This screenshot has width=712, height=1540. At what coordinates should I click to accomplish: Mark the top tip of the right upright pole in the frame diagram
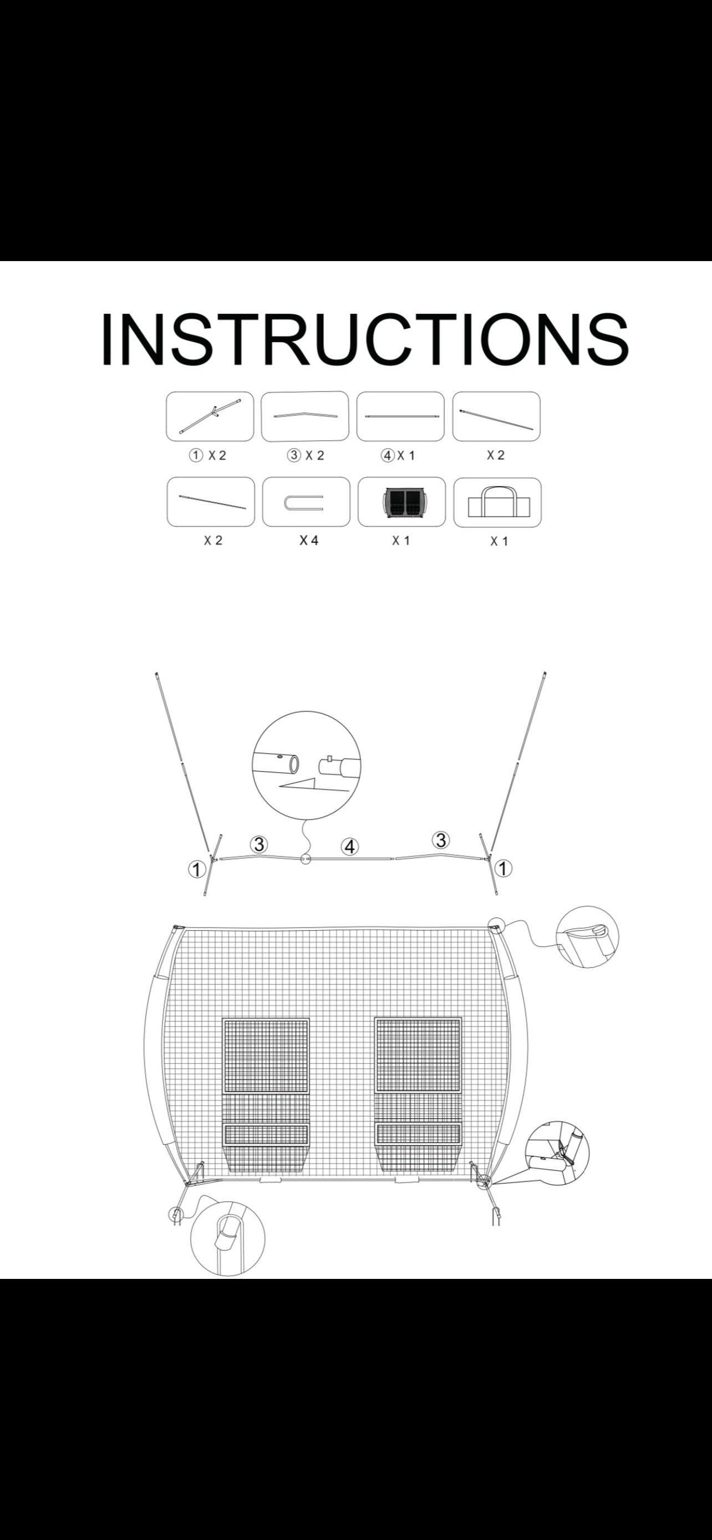tap(545, 674)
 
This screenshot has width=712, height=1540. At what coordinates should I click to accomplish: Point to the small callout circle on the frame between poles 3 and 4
tap(306, 859)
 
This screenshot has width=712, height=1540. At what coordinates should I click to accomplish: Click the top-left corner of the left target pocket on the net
tap(222, 1018)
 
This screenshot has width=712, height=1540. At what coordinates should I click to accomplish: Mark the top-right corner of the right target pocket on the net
tap(461, 1017)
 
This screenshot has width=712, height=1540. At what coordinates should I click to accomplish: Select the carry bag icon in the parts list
tap(497, 502)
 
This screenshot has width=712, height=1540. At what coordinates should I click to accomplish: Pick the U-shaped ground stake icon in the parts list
tap(304, 502)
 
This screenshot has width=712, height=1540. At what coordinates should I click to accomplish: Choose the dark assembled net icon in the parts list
tap(401, 502)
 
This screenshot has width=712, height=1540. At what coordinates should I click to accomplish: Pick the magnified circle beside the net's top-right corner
tap(588, 937)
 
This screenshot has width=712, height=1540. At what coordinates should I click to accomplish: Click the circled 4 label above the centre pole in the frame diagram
tap(350, 847)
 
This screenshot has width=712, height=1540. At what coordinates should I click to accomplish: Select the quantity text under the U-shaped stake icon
tap(309, 540)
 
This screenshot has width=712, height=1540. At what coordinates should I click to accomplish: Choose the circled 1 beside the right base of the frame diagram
tap(504, 868)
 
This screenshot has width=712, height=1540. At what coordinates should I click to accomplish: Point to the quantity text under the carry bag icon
tap(499, 541)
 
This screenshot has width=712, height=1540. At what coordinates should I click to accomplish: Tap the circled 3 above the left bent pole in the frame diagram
tap(259, 844)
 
